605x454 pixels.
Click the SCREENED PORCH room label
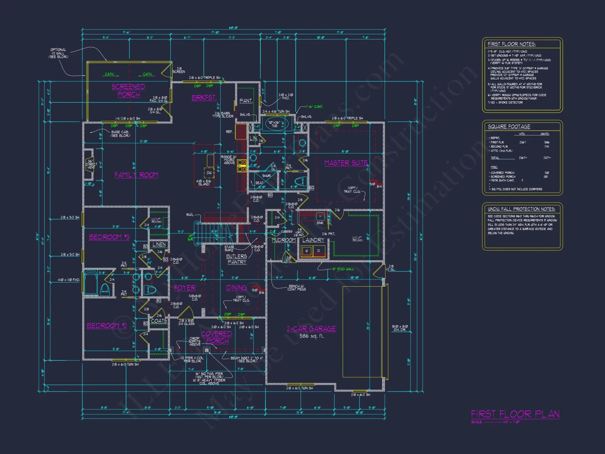[128, 90]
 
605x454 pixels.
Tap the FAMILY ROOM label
[136, 175]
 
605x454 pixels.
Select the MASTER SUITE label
[346, 163]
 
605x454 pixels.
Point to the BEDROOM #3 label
[109, 237]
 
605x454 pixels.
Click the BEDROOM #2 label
[106, 326]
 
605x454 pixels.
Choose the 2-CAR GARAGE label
[311, 329]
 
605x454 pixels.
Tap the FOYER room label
[185, 288]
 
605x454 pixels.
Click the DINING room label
[236, 288]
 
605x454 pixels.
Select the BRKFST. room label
[204, 98]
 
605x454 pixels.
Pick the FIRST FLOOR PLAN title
[515, 414]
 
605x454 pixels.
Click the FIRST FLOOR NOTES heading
[512, 44]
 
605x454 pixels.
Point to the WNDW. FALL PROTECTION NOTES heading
[522, 209]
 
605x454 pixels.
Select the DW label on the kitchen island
[209, 173]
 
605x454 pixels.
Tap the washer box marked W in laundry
[306, 251]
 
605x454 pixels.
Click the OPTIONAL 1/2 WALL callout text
[58, 53]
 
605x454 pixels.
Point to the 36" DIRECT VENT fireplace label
[91, 164]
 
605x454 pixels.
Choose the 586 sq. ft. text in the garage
[312, 336]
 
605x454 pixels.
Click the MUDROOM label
[283, 240]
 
